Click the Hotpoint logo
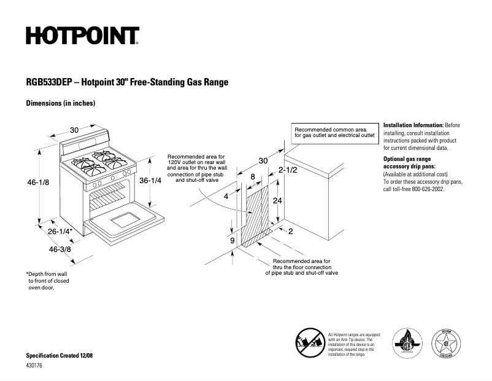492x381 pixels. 82,36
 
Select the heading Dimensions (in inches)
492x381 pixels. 60,103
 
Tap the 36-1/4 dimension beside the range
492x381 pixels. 150,181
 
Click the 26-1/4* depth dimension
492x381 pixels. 61,232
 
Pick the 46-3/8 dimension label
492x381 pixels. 60,249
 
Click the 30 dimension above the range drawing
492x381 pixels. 74,130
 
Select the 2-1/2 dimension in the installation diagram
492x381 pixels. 288,170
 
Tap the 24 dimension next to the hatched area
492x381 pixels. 277,201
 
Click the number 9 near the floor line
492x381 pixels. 232,242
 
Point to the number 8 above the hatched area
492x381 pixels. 252,177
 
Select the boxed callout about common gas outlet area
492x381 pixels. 334,132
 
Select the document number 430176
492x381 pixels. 35,366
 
